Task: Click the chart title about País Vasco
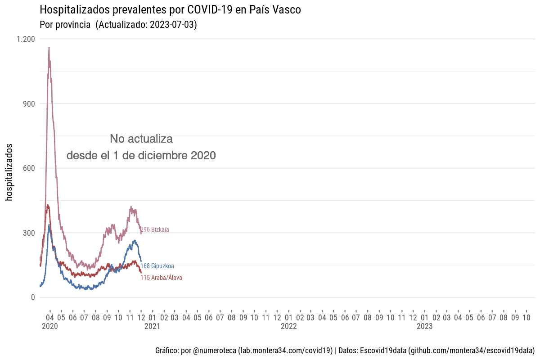pos(170,9)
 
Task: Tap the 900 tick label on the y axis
pos(29,103)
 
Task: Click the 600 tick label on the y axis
pos(29,168)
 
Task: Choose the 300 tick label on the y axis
pos(29,233)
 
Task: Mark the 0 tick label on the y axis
pos(33,297)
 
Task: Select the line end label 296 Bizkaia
pos(155,229)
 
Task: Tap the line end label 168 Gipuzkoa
pos(157,266)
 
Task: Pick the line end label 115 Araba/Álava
pos(161,278)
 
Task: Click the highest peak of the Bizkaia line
pos(49,48)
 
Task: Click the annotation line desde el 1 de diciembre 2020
pos(141,156)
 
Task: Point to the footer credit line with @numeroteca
pos(344,350)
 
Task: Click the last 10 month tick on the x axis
pos(526,318)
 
